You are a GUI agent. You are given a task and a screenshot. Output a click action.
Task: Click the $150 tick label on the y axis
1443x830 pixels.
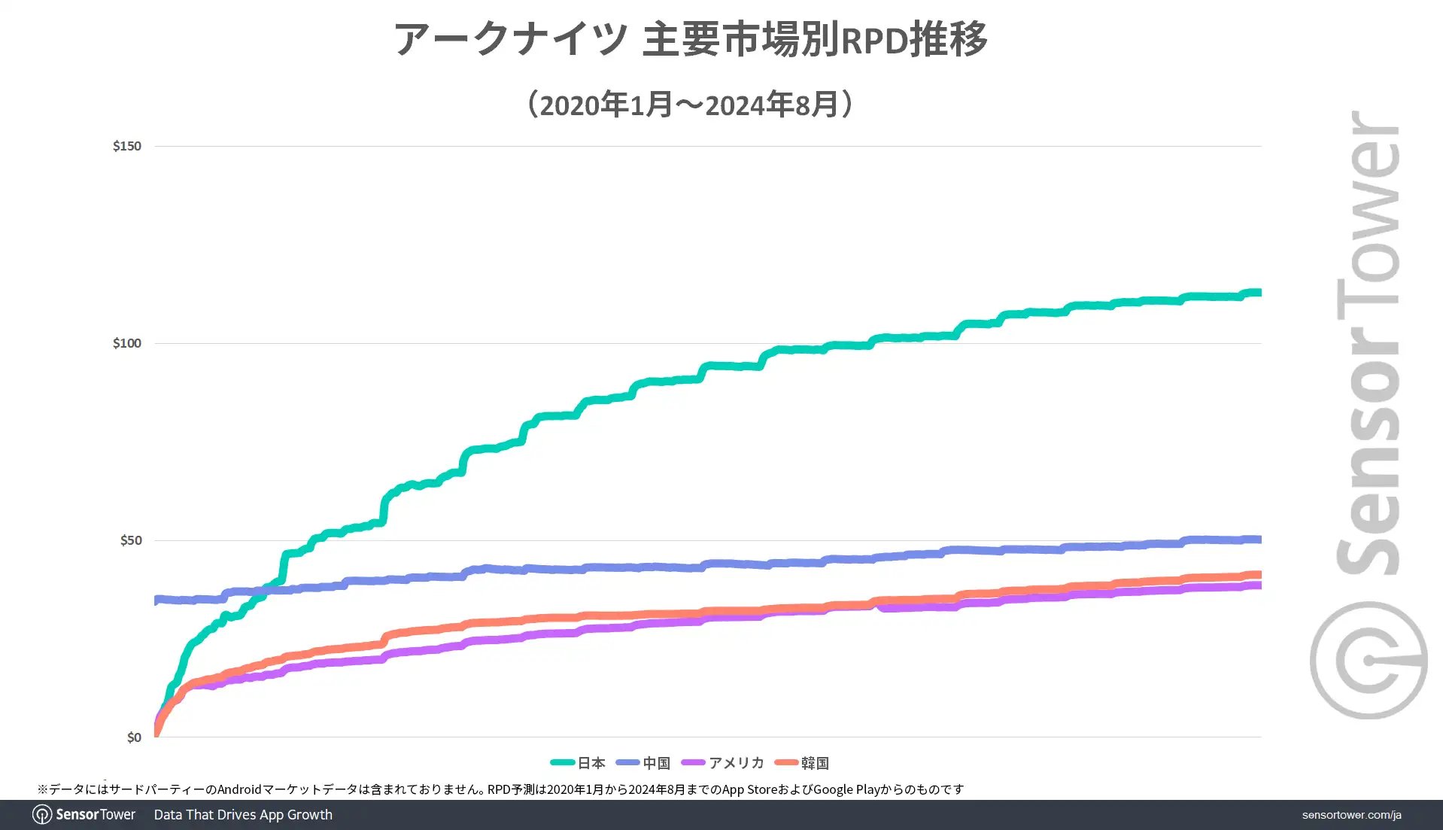pos(126,146)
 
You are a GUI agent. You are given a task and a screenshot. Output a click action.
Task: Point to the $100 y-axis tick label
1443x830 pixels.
pos(126,343)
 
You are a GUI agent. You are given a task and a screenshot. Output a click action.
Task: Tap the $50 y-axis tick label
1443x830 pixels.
pos(130,540)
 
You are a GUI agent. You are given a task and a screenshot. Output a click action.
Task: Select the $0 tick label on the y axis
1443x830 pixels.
pos(133,737)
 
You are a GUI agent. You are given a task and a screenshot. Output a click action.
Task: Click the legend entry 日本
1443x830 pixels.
pos(591,763)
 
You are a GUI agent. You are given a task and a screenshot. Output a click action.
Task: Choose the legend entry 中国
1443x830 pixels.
pos(656,763)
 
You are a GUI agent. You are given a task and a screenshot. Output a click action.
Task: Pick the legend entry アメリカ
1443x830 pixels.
pos(736,763)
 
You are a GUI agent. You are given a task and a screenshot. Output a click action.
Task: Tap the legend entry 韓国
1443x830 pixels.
pos(814,763)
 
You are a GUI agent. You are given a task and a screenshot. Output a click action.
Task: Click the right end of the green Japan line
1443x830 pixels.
pos(1259,293)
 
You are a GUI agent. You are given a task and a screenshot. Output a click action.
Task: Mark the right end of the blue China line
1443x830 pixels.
pos(1259,540)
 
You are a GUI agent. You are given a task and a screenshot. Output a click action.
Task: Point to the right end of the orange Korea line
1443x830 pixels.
pos(1259,575)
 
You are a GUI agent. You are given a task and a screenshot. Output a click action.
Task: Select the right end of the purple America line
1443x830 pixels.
pos(1259,585)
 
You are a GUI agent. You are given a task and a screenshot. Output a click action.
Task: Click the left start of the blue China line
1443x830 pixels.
pos(156,600)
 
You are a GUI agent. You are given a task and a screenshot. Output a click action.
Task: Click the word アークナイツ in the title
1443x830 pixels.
pos(511,39)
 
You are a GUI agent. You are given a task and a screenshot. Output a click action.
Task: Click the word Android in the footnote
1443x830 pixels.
pos(239,789)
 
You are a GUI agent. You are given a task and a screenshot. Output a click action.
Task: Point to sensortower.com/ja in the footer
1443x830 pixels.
pos(1351,815)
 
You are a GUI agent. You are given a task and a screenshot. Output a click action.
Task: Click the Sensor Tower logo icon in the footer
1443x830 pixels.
pos(42,815)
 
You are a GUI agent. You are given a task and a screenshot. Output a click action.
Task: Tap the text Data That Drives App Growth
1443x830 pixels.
pos(243,815)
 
